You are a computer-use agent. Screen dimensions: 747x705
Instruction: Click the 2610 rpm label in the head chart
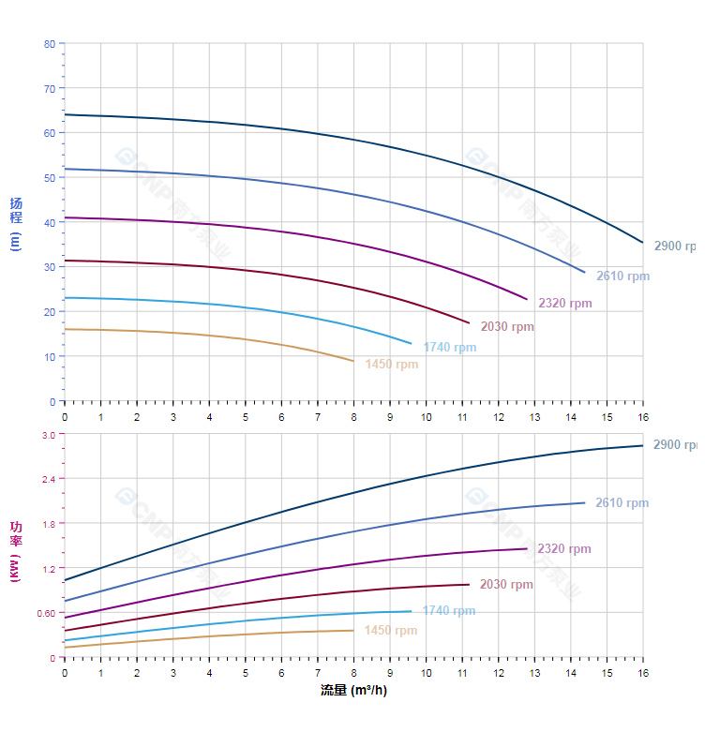pos(622,276)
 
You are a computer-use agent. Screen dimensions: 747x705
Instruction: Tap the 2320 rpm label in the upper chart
pos(564,304)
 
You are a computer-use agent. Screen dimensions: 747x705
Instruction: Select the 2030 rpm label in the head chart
pos(507,327)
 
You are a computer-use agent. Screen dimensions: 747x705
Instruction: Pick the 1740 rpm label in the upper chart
pos(449,348)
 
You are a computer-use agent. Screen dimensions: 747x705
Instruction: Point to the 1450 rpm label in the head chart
pos(392,365)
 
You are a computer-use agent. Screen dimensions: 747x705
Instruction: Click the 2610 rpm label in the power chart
pos(622,503)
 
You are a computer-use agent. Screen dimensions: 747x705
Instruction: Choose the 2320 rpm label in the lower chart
pos(564,549)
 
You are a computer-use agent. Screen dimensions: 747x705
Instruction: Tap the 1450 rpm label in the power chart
pos(390,631)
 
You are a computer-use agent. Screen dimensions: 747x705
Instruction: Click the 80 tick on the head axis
pos(49,44)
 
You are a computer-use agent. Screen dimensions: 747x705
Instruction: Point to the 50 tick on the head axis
pos(49,178)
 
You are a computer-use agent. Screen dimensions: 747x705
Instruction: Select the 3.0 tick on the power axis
pos(49,434)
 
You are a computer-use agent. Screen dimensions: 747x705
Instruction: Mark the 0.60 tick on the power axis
pos(46,613)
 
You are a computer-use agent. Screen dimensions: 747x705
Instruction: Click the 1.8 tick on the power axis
pos(49,523)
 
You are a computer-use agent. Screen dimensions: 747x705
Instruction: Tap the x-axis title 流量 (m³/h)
pos(353,691)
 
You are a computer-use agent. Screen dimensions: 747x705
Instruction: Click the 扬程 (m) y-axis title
pos(15,223)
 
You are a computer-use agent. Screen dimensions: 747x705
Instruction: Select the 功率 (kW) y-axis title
pos(15,551)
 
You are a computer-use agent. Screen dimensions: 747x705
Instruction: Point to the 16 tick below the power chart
pos(643,673)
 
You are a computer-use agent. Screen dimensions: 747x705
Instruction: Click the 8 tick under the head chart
pos(353,416)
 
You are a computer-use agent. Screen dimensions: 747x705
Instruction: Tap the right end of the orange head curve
pos(353,361)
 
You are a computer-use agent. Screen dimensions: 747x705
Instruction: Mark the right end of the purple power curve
pos(527,548)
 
